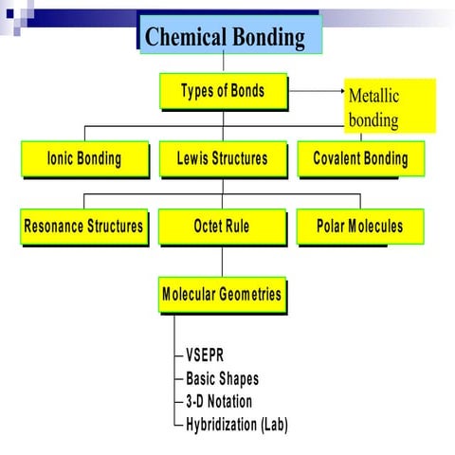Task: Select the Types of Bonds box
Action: pos(222,92)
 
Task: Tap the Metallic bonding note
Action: pos(390,106)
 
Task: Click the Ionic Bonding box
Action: pos(84,158)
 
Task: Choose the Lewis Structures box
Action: pos(222,158)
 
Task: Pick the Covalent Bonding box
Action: pos(360,158)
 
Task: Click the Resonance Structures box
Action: pos(83,227)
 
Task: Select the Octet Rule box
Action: pos(222,227)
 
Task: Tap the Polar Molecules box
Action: pos(360,227)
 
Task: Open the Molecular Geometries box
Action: pos(222,294)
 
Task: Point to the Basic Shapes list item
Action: pos(222,379)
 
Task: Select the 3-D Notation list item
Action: pos(219,402)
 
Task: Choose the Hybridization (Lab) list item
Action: pos(236,425)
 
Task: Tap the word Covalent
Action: pos(338,158)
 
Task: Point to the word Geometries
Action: pos(248,294)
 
